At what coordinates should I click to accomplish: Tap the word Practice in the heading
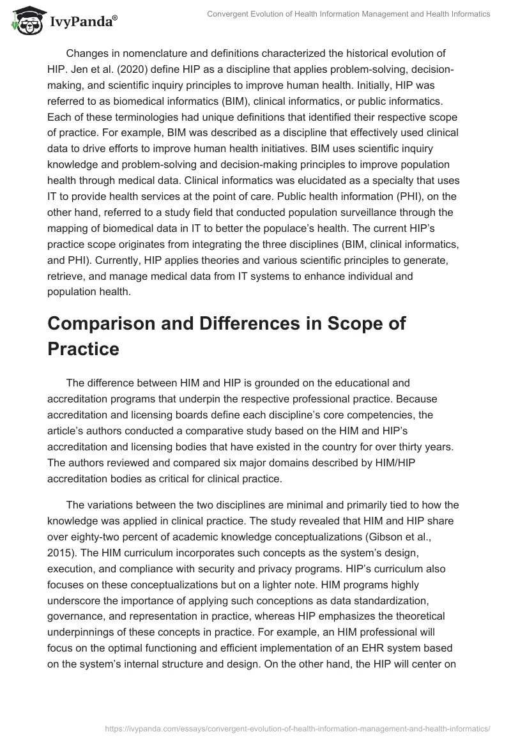(83, 349)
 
